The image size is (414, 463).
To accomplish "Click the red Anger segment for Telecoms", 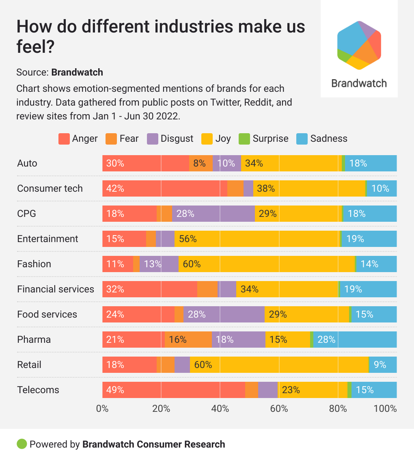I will tap(174, 390).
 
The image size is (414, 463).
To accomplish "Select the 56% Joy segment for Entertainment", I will tap(257, 239).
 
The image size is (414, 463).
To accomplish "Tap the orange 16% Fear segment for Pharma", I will tap(188, 340).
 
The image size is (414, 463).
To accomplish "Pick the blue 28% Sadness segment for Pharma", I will tap(355, 340).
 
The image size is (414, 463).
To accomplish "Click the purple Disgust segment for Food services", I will tap(224, 314).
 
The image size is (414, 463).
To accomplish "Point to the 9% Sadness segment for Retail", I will tap(382, 365).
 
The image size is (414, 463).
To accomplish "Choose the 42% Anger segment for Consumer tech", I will tap(164, 188).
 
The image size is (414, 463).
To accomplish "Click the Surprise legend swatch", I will tap(245, 139).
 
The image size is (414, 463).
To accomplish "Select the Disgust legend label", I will tap(177, 139).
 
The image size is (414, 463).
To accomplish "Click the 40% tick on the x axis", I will tap(220, 409).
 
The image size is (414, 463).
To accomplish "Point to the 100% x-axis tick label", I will tap(385, 409).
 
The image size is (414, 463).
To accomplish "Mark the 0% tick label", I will tap(102, 409).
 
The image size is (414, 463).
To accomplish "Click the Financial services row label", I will tap(56, 289).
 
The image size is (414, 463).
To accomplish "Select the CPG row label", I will tap(27, 214).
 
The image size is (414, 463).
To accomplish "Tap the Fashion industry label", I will tap(34, 264).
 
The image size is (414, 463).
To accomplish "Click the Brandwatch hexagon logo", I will tap(359, 45).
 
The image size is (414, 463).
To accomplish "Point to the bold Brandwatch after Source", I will tap(77, 72).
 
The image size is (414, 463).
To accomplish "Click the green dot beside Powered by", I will tap(22, 444).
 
